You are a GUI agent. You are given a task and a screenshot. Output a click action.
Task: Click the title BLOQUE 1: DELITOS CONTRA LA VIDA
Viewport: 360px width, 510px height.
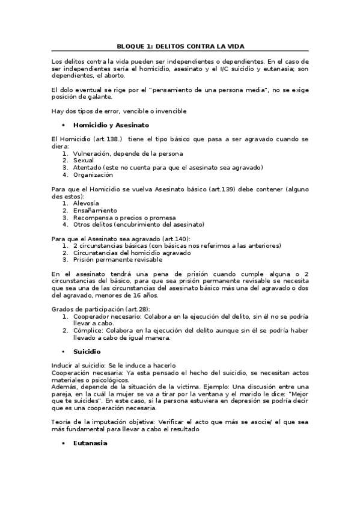[x=180, y=46]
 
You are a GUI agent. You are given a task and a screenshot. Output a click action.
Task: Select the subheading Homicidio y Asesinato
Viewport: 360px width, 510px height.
[x=111, y=125]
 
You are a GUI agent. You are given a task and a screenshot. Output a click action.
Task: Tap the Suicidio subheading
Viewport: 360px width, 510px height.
[x=87, y=351]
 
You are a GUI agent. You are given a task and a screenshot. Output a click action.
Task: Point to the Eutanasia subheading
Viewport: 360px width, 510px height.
[x=90, y=443]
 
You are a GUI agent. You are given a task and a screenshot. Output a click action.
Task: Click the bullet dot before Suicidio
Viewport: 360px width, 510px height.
[x=63, y=351]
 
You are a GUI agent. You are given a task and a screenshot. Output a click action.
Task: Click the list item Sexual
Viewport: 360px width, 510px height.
[x=84, y=161]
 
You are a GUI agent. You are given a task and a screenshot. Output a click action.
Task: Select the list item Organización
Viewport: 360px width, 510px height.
[x=93, y=175]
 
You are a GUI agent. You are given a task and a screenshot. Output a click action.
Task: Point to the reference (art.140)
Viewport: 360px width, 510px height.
[x=151, y=239]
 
